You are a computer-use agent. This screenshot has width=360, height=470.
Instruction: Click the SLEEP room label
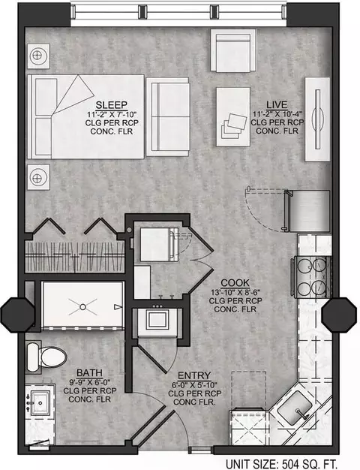click(112, 105)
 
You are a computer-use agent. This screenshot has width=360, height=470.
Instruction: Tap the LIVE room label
click(277, 104)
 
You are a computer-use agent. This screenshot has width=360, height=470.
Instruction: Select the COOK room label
click(235, 282)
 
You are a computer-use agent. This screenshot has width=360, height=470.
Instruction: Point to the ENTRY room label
click(194, 375)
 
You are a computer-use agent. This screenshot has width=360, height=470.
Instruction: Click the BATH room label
click(89, 373)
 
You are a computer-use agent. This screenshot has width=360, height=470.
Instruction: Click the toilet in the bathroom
click(46, 357)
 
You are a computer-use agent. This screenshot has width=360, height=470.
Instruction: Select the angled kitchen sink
click(295, 408)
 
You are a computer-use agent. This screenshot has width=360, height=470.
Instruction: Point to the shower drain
click(83, 307)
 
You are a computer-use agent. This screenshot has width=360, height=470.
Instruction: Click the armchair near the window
click(233, 50)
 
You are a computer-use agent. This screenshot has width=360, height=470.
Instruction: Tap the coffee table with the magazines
click(233, 117)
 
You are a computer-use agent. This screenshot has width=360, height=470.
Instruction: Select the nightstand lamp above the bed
click(38, 56)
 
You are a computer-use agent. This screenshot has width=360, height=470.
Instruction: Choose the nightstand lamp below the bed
click(38, 177)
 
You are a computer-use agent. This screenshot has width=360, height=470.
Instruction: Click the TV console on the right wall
click(317, 119)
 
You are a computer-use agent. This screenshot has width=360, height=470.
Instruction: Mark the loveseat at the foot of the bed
click(168, 117)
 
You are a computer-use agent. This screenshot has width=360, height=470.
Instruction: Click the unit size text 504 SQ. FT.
click(310, 464)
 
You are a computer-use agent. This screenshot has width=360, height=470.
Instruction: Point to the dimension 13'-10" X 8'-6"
click(235, 292)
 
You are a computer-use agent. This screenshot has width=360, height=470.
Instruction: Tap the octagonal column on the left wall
click(18, 315)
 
